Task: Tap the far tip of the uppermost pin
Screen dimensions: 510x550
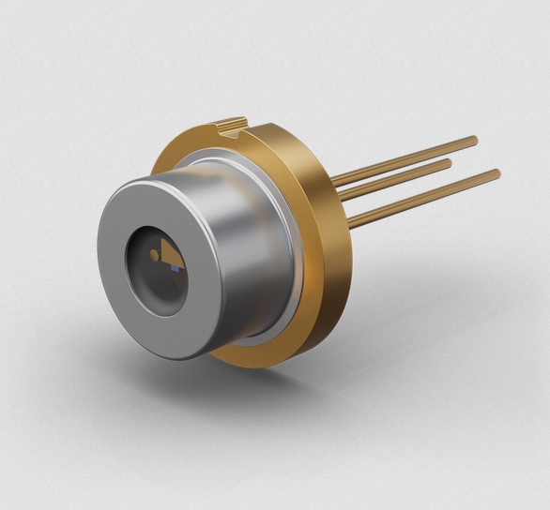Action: coord(474,142)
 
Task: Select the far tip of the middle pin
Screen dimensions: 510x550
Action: coord(449,163)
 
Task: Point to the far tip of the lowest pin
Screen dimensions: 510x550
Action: coord(497,174)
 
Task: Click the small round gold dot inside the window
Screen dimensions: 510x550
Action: coord(155,254)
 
